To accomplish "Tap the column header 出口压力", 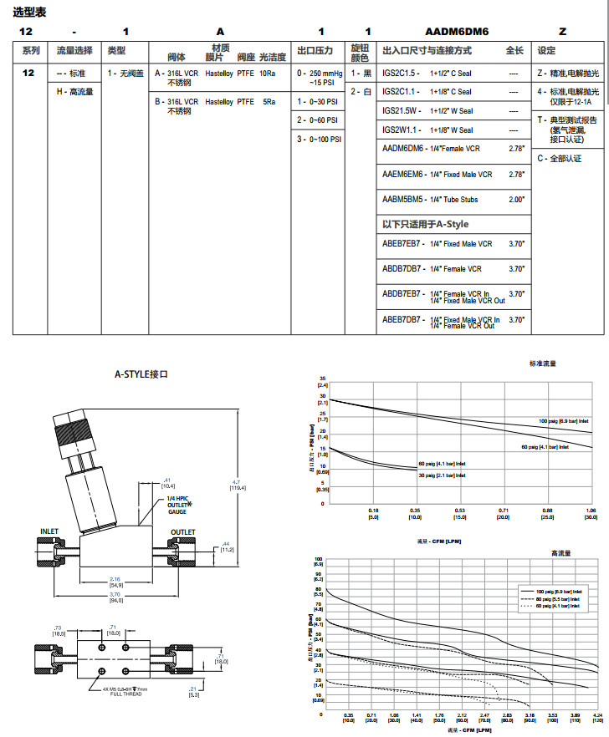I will pos(315,51).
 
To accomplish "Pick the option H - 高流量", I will pos(74,91).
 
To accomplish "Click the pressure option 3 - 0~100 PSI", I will pos(319,140).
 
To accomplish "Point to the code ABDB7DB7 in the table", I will pos(402,269).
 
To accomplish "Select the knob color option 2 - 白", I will pos(361,91).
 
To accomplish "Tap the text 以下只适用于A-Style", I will pos(425,224).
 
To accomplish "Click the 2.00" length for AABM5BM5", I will pos(516,200).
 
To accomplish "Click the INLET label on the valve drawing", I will pos(50,531).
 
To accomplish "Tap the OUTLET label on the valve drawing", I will pos(183,531).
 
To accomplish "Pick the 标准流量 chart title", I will pos(542,364).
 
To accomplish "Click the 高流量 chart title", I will pos(560,553).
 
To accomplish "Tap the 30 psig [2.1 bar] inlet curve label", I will pos(442,475).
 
